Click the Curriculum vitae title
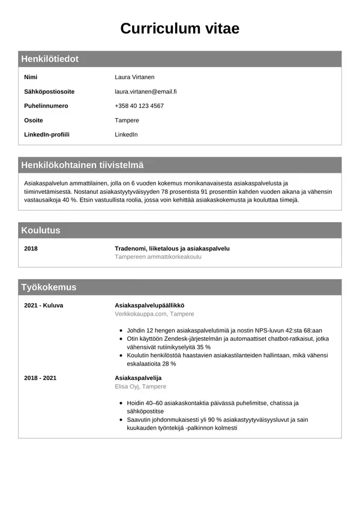tap(180, 28)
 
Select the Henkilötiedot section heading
tap(50, 59)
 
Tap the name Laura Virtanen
tap(134, 77)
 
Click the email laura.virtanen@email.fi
tap(145, 92)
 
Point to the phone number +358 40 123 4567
tap(139, 106)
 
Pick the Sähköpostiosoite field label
tap(49, 92)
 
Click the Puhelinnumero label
tap(46, 106)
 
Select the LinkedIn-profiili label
tap(47, 134)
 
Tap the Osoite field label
tap(34, 120)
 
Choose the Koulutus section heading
tap(41, 230)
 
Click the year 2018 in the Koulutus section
tap(31, 248)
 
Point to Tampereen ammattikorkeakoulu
tap(158, 257)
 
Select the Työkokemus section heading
tap(49, 287)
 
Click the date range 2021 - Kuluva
tap(43, 306)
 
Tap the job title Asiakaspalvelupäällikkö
tap(149, 306)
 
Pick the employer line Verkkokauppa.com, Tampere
tap(154, 314)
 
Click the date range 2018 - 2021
tap(40, 378)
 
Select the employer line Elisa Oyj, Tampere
tap(140, 387)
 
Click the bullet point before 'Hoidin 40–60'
tap(121, 403)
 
